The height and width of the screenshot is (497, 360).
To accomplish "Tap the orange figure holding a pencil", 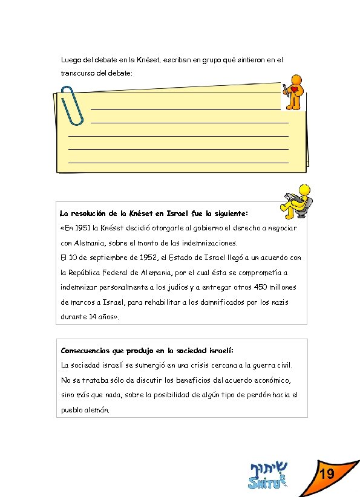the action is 293,92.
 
